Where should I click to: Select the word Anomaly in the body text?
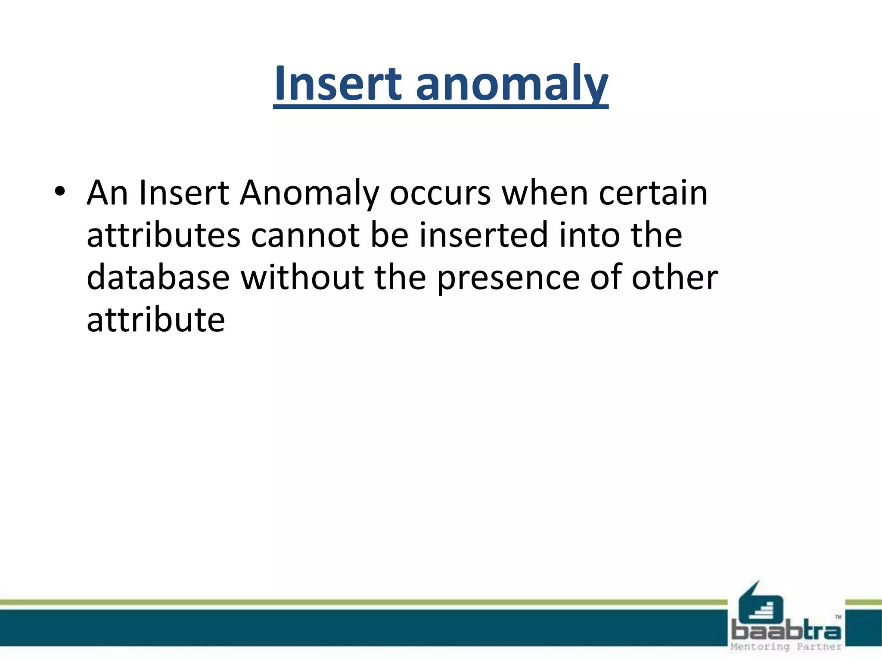pos(309,193)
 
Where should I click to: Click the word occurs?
pos(440,193)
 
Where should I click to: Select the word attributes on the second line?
pos(163,235)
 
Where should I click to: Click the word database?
pos(158,277)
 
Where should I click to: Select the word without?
pos(302,277)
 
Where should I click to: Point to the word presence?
pos(508,277)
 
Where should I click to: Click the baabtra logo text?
pos(786,631)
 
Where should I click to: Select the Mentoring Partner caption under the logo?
pos(786,647)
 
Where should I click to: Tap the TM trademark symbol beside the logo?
pos(838,616)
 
